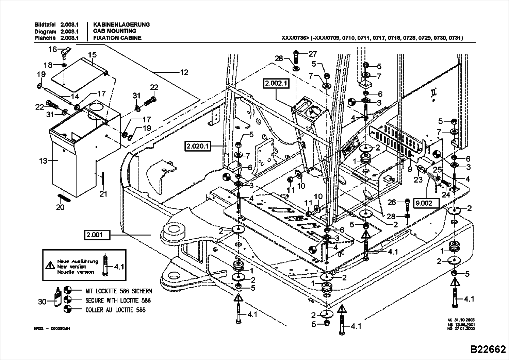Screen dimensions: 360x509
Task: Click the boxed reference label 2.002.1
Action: pos(276,83)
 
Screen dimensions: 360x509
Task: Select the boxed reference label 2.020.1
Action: pos(198,147)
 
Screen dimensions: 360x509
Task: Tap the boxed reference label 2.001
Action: pos(97,235)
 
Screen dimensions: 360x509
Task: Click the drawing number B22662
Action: pos(488,349)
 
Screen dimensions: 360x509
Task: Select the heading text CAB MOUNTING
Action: pos(115,31)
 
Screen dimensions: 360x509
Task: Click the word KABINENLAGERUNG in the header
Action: pos(121,25)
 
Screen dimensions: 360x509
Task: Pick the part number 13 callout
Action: pos(43,160)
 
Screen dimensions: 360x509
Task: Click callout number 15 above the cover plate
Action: pos(92,55)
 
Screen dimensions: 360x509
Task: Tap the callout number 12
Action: pos(184,72)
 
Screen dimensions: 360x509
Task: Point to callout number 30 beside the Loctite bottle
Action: pos(42,301)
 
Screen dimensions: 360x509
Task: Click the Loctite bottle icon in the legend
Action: pos(58,297)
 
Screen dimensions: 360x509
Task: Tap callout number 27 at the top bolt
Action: pos(312,54)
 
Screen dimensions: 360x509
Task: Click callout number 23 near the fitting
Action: pos(418,180)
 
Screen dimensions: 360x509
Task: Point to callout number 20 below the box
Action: pos(60,207)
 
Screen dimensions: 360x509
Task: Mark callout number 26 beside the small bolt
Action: pos(392,203)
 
